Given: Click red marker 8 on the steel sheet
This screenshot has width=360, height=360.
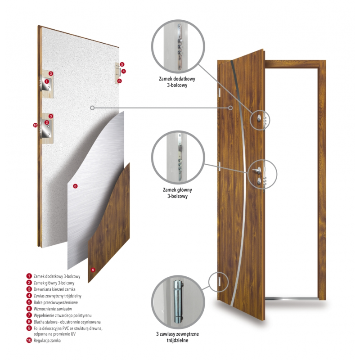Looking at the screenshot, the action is tap(75, 186).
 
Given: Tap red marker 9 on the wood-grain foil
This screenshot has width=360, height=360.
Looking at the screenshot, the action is tap(93, 270).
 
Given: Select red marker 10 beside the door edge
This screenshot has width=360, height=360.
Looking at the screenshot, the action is tap(35, 125).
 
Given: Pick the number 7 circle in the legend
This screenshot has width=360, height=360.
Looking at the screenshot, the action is tap(29, 315).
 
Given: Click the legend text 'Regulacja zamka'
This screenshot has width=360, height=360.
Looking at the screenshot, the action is tap(47, 341).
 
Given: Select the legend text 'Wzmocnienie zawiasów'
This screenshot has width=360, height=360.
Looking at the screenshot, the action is tap(53, 309).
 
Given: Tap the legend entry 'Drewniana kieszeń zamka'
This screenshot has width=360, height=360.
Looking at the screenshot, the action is tap(54, 289).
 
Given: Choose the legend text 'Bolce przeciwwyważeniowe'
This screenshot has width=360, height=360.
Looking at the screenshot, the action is tap(55, 302).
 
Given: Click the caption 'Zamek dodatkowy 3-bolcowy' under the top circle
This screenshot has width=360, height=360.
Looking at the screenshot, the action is tap(177, 82).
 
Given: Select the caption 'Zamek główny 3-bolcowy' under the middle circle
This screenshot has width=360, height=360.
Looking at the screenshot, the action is tap(177, 193).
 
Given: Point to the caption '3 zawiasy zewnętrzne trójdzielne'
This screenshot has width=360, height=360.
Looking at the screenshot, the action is tap(177, 337).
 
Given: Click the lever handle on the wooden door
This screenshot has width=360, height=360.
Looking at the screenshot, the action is tap(256, 170).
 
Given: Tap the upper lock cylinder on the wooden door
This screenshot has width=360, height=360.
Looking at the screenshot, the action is tap(259, 118).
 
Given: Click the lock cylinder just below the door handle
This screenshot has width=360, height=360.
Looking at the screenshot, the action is tap(259, 181).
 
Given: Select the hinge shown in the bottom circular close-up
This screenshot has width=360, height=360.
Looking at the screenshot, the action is tap(178, 301).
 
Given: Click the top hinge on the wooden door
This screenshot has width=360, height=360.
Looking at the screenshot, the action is tap(219, 92).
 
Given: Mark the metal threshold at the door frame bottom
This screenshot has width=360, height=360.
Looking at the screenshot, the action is tap(292, 299).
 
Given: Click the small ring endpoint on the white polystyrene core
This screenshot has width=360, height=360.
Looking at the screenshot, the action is tap(92, 108).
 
